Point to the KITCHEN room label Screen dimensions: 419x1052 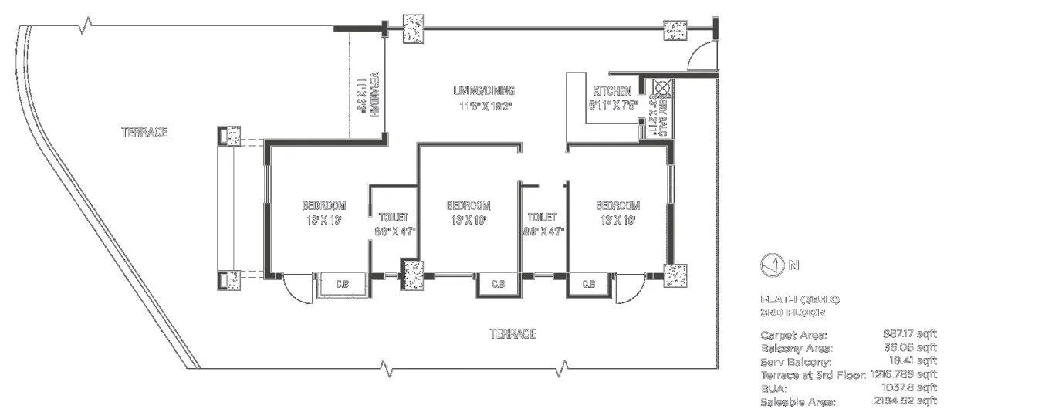click(612, 91)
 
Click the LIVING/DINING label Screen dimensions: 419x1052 click(483, 90)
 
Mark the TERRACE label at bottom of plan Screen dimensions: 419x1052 click(512, 333)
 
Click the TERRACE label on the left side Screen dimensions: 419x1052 click(144, 132)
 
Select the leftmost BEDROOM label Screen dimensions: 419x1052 click(323, 205)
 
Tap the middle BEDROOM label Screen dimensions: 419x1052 click(468, 205)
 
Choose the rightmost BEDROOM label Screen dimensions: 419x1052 click(617, 205)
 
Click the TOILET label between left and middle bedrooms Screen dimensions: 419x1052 click(393, 218)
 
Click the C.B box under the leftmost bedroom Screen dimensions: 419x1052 click(341, 284)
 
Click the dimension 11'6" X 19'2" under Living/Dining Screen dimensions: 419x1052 click(483, 106)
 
